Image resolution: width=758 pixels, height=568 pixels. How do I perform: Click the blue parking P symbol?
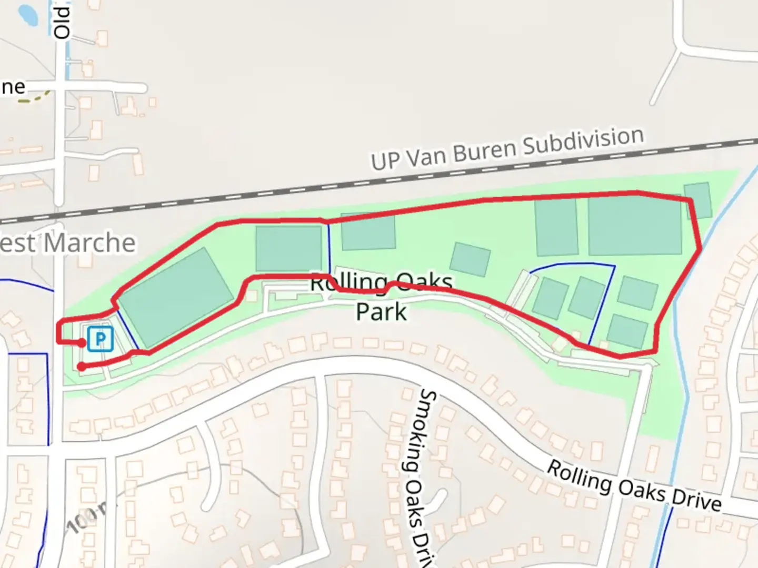click(100, 339)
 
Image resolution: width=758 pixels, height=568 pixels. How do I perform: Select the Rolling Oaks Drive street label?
click(634, 486)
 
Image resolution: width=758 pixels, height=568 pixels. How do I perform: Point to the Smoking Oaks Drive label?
click(422, 473)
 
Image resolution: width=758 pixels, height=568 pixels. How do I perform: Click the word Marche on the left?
click(89, 243)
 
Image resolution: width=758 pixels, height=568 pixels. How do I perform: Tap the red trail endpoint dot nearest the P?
click(82, 343)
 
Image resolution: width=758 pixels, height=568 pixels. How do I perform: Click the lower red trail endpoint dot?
click(82, 367)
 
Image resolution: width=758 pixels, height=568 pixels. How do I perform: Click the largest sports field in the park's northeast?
click(635, 226)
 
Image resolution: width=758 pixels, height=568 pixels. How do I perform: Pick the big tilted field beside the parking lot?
click(176, 297)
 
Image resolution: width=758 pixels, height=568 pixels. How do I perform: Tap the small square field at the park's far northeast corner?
click(698, 200)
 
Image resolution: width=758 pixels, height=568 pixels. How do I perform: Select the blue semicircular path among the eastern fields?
click(574, 263)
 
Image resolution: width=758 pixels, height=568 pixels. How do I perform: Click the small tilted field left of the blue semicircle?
click(470, 259)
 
